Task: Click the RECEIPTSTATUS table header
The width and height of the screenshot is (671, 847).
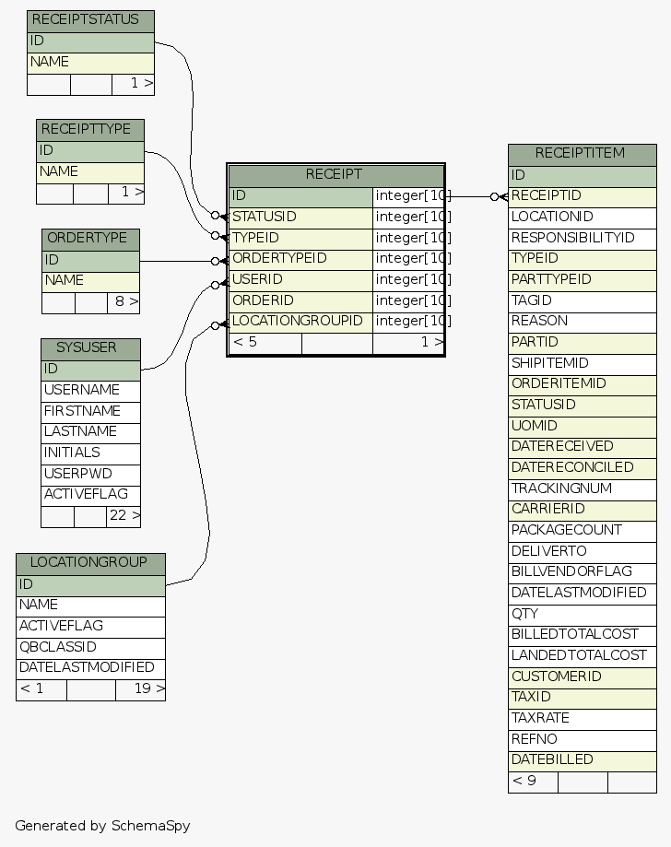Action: [x=90, y=20]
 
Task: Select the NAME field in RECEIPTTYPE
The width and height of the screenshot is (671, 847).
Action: [x=90, y=171]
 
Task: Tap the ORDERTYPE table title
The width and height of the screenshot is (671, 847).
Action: [x=90, y=239]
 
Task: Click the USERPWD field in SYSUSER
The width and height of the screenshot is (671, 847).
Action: [x=90, y=474]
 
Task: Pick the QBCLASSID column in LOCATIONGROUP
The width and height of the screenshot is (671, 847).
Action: [x=90, y=647]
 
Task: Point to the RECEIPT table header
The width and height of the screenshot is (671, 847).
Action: [x=335, y=174]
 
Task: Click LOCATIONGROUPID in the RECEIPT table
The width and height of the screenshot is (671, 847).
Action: [x=300, y=322]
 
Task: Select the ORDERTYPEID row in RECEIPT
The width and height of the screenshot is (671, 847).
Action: [x=300, y=258]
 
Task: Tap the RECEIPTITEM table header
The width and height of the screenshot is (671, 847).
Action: [x=582, y=153]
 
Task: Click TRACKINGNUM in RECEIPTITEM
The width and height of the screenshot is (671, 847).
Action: [x=582, y=488]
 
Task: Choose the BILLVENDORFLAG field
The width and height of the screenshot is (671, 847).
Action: [x=582, y=571]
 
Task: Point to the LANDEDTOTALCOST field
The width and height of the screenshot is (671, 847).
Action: [x=582, y=655]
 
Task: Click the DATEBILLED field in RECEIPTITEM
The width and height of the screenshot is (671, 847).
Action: [x=582, y=759]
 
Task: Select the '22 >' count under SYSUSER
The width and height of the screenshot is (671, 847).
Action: [x=124, y=516]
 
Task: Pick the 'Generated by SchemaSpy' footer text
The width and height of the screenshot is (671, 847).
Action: [x=102, y=826]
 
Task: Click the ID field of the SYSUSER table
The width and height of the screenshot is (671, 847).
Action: [x=90, y=370]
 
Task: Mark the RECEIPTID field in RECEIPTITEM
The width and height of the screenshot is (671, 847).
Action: [x=582, y=195]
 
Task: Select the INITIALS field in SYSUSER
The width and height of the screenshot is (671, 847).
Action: [x=90, y=453]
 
